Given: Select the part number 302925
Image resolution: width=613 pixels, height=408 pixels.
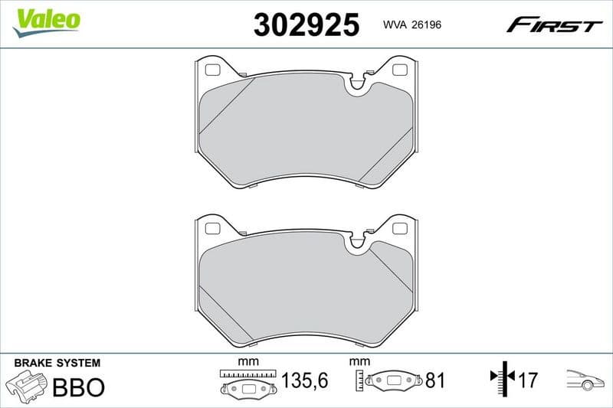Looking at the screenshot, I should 306,25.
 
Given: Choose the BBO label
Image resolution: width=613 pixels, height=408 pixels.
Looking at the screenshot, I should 77,387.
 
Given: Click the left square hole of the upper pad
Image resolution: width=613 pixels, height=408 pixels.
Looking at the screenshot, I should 214,70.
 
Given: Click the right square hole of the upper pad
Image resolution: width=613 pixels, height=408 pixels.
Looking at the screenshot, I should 398,70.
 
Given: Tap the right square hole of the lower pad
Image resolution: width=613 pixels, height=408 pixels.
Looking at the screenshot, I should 398,228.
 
